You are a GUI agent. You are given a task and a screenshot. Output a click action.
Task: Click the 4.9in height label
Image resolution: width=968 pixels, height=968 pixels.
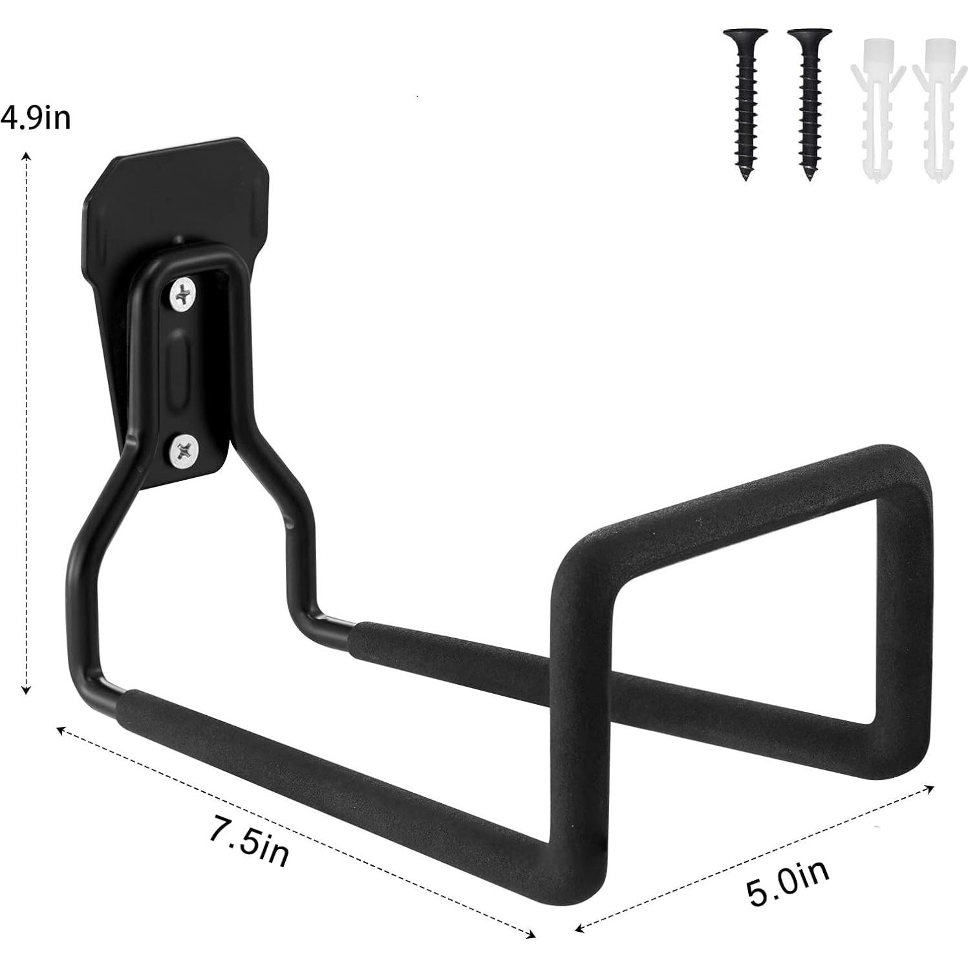tap(36, 119)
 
